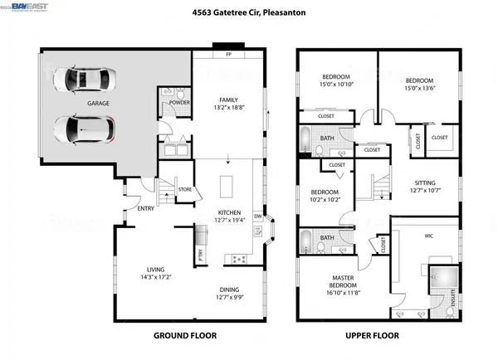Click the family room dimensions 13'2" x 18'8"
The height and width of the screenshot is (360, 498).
click(230, 108)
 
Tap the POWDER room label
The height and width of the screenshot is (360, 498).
click(180, 104)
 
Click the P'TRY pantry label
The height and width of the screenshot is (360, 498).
click(200, 256)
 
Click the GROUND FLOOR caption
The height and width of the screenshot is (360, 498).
click(185, 336)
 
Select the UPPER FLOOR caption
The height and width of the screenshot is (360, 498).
click(372, 336)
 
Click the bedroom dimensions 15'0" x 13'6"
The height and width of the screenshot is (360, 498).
click(419, 85)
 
